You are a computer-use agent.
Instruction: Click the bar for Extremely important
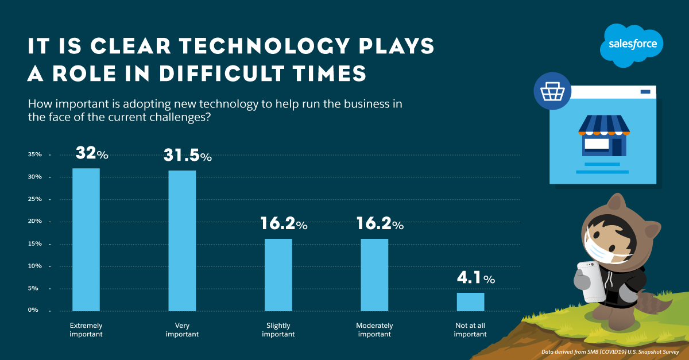coord(86,239)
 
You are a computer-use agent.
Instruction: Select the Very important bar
coord(182,240)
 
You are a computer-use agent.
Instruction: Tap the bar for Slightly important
coord(278,274)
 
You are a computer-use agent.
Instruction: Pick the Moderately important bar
coord(374,274)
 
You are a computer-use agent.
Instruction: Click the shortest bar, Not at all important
coord(470,301)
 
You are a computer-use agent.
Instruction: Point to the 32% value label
coord(91,154)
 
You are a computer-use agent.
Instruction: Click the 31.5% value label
coord(188,156)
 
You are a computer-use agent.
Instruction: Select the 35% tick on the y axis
coord(35,155)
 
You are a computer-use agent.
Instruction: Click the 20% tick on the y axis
coord(35,222)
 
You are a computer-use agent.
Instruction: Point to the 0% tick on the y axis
coord(35,310)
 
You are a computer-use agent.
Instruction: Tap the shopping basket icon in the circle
coord(548,91)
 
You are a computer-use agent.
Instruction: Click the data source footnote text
coord(610,351)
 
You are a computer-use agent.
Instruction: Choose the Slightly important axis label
coord(278,330)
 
